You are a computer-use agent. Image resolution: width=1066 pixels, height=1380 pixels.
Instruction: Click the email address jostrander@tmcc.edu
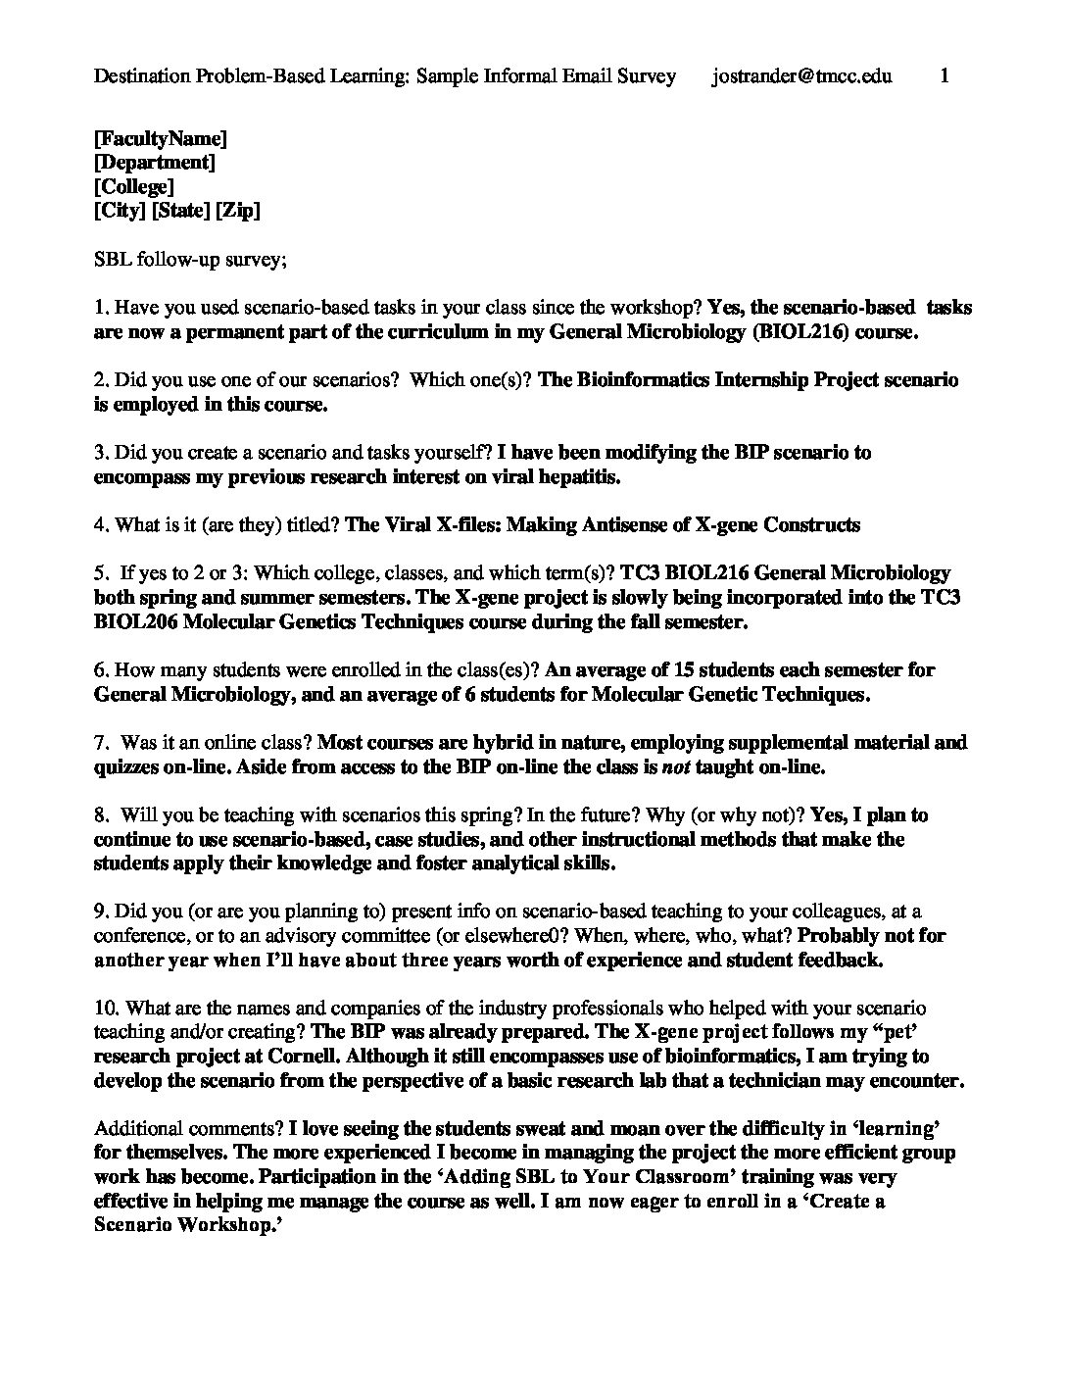coord(801,76)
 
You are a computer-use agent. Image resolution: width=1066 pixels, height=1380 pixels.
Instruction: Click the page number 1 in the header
coord(945,76)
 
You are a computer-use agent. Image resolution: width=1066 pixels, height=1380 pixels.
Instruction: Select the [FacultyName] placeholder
coord(161,138)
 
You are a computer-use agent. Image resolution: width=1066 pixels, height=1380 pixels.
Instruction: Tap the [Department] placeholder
coord(155,163)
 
